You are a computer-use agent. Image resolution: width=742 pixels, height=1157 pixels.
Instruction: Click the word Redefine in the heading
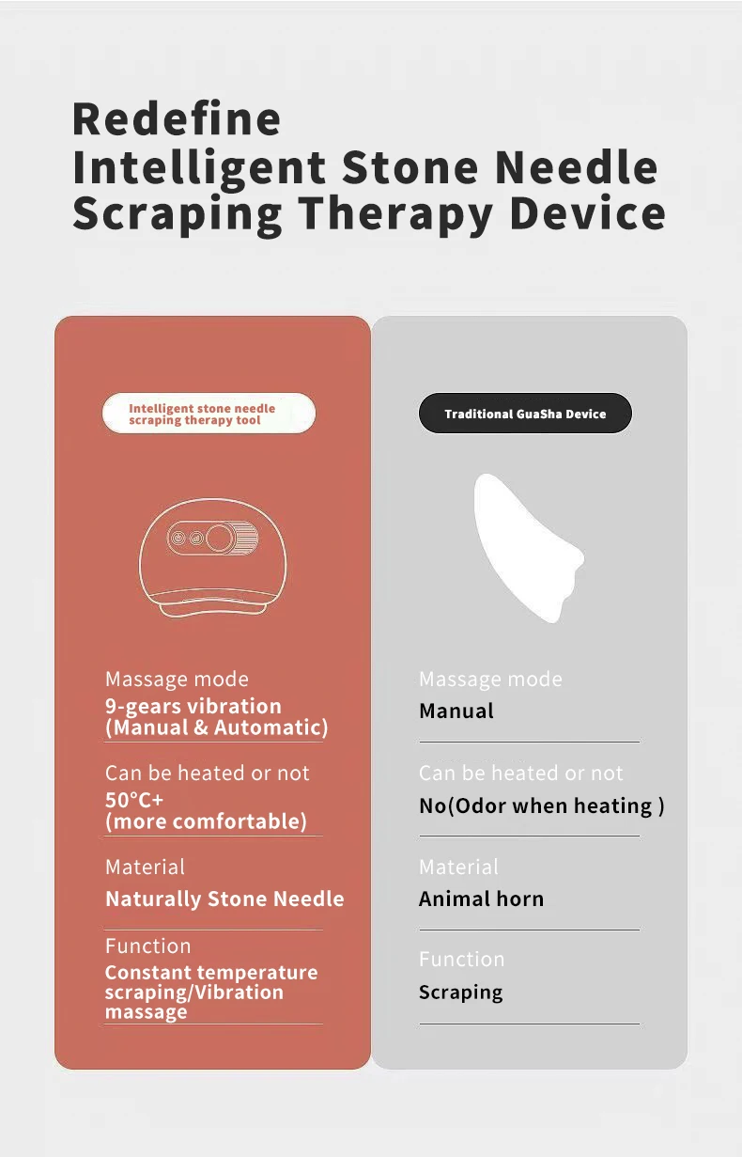(x=177, y=118)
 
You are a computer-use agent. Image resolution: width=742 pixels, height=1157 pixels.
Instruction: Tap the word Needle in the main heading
(x=577, y=167)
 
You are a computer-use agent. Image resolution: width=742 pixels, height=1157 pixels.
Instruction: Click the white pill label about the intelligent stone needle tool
(x=209, y=414)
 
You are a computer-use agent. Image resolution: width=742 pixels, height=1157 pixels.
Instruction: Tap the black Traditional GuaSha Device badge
(x=525, y=414)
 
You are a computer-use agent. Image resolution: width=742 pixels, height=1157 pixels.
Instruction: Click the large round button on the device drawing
(x=221, y=539)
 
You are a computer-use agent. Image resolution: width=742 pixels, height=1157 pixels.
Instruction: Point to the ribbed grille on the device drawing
(x=247, y=539)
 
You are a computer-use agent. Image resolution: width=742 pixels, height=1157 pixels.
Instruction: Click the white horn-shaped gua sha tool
(x=529, y=548)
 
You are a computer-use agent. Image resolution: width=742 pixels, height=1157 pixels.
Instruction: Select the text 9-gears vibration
(x=193, y=707)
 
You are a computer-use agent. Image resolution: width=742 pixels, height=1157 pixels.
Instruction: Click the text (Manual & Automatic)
(x=216, y=727)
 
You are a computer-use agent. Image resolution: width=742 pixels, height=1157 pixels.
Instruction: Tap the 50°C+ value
(x=134, y=800)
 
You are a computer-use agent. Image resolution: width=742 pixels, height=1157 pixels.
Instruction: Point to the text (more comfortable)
(x=206, y=821)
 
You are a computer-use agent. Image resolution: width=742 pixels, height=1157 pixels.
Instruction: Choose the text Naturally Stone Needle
(x=224, y=899)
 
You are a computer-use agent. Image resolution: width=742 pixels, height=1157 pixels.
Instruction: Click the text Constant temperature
(x=211, y=973)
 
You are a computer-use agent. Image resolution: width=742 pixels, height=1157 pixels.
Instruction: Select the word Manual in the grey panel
(x=456, y=711)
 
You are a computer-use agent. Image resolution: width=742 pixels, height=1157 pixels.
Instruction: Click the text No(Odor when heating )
(x=542, y=805)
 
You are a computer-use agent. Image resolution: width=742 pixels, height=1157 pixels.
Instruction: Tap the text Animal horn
(x=482, y=899)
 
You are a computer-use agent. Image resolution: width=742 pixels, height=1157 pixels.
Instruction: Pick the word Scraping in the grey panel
(x=461, y=993)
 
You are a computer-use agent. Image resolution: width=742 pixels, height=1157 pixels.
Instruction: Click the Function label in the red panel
(x=148, y=946)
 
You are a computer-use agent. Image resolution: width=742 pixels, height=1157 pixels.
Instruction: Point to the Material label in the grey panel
(x=458, y=867)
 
